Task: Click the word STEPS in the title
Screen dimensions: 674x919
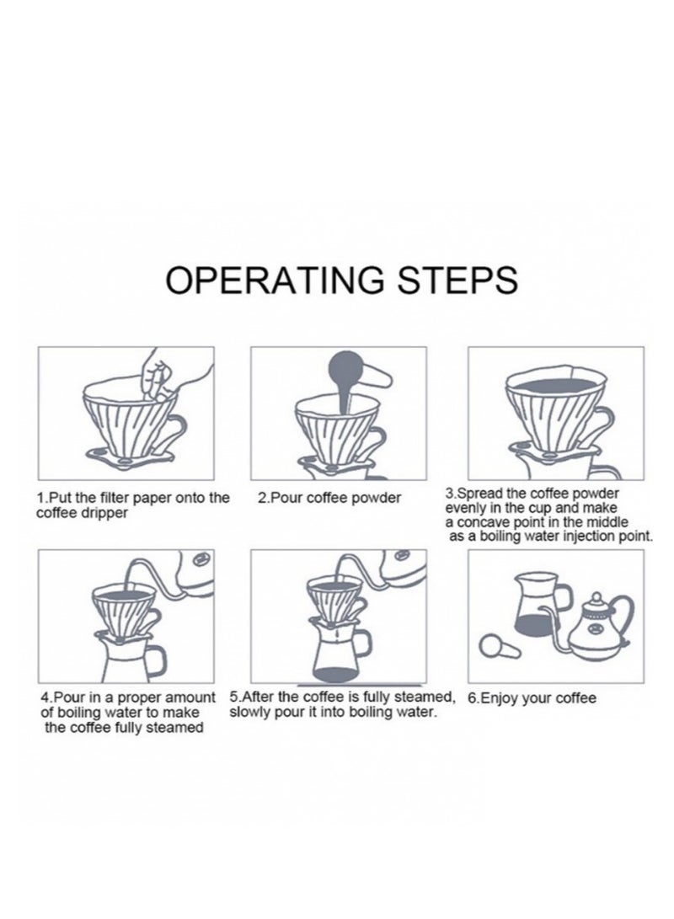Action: click(x=457, y=280)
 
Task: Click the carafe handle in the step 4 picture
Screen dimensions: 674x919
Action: click(x=154, y=659)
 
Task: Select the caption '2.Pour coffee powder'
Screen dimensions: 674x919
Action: click(x=329, y=498)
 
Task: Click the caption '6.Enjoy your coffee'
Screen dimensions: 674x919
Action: click(x=532, y=698)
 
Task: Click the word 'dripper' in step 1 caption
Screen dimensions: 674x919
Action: click(x=105, y=513)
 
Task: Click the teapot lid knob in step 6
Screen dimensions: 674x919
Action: click(x=596, y=596)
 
